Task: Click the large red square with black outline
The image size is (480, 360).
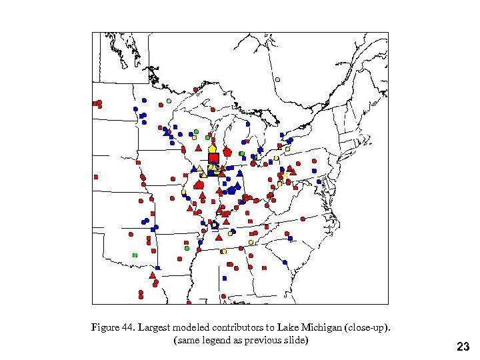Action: point(213,158)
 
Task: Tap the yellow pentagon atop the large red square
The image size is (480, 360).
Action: point(212,149)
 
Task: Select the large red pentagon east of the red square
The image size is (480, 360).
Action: point(227,152)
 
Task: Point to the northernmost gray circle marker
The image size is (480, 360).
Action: point(277,80)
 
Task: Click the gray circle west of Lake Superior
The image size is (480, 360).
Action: point(169,101)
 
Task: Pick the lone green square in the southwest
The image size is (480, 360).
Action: point(135,255)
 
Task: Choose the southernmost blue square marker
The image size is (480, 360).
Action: point(225,278)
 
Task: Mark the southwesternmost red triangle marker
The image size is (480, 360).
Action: point(152,275)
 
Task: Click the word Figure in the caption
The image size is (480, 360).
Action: point(105,327)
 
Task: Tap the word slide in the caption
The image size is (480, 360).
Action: point(294,340)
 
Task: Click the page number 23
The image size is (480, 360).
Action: point(463,347)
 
